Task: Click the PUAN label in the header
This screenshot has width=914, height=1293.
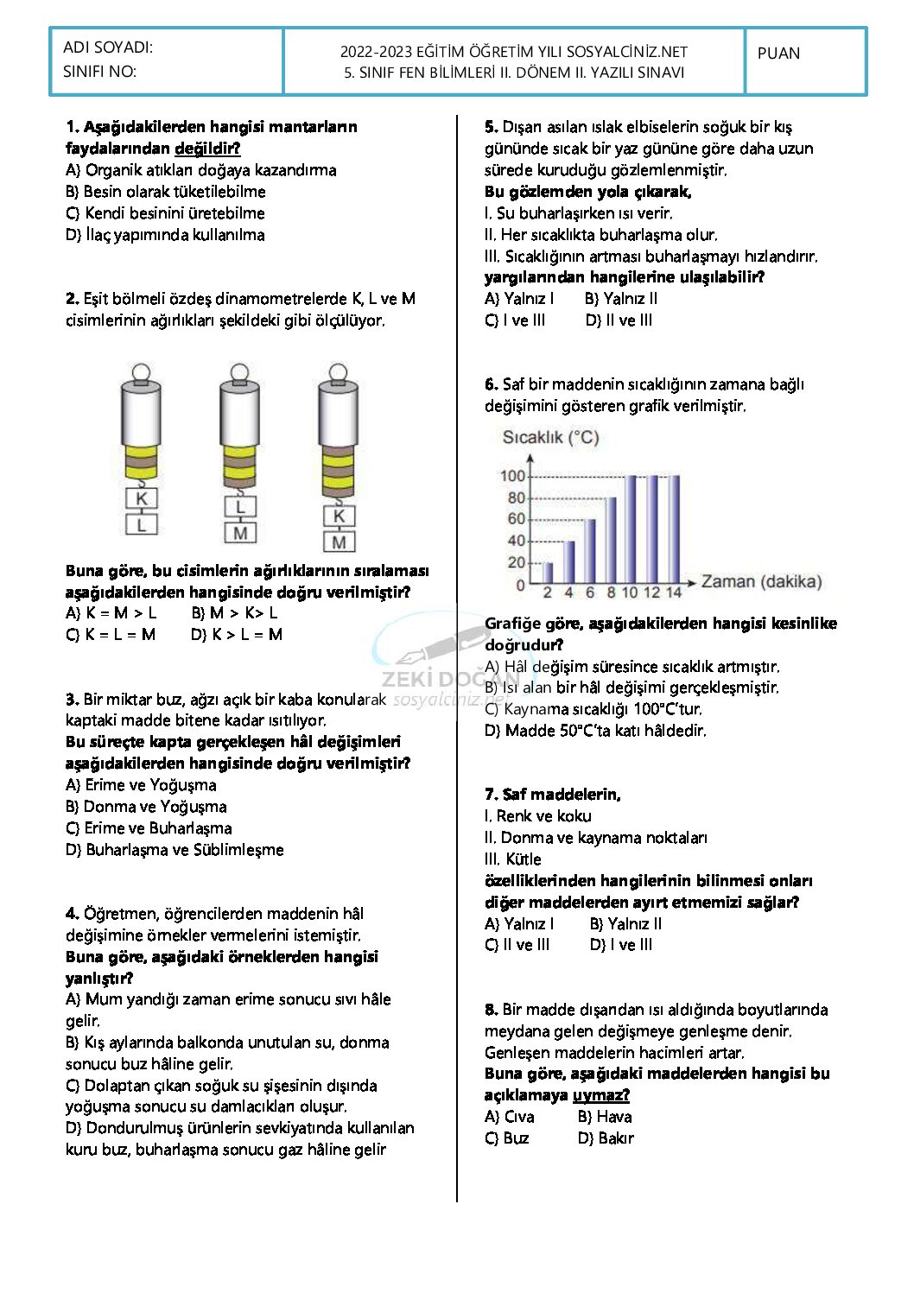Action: [778, 54]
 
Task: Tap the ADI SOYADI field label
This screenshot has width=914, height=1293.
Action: [107, 48]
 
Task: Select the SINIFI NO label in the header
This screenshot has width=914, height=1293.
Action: [99, 72]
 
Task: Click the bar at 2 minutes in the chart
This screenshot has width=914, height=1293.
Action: [547, 573]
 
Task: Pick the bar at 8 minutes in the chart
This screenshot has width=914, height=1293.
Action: [611, 541]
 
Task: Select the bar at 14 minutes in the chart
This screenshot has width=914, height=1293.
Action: [674, 529]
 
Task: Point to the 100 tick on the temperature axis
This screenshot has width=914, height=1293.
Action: [513, 476]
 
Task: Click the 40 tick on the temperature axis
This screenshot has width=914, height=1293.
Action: [516, 541]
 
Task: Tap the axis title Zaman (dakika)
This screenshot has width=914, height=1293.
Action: [761, 581]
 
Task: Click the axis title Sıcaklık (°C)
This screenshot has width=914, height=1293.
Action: [550, 437]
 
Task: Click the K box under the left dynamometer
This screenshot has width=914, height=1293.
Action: [142, 498]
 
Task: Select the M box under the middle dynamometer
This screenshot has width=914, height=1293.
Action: [240, 533]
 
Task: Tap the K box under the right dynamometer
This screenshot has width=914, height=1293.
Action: [339, 516]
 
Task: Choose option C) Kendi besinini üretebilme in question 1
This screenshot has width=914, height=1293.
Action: [165, 213]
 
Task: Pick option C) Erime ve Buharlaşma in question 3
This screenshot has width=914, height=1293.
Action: [149, 828]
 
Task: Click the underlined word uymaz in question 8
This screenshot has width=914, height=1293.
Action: [600, 1095]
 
